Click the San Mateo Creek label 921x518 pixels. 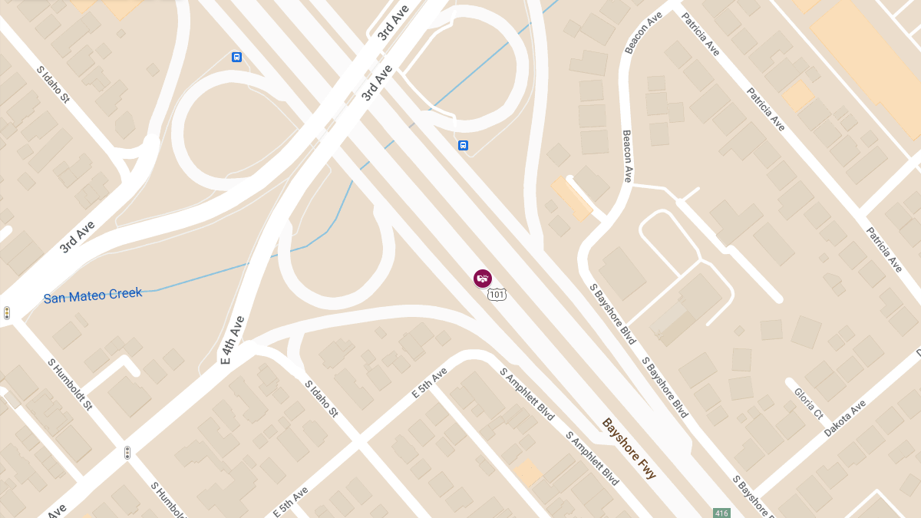93,295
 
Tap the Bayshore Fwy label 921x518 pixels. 629,449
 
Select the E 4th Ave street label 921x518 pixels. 232,339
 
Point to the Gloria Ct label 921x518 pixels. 808,403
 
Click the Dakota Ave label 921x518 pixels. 844,418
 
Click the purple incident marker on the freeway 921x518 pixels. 483,278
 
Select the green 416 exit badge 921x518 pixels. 721,513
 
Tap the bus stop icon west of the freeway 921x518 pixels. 236,57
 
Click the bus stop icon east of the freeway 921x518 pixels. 463,145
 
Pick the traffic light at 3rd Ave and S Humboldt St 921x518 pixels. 7,313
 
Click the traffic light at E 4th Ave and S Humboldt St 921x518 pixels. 127,453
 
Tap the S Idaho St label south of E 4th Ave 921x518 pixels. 321,399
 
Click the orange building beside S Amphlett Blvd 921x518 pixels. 527,473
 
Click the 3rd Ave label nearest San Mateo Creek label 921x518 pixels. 78,237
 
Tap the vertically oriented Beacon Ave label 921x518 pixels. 627,156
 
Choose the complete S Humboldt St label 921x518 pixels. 70,384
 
